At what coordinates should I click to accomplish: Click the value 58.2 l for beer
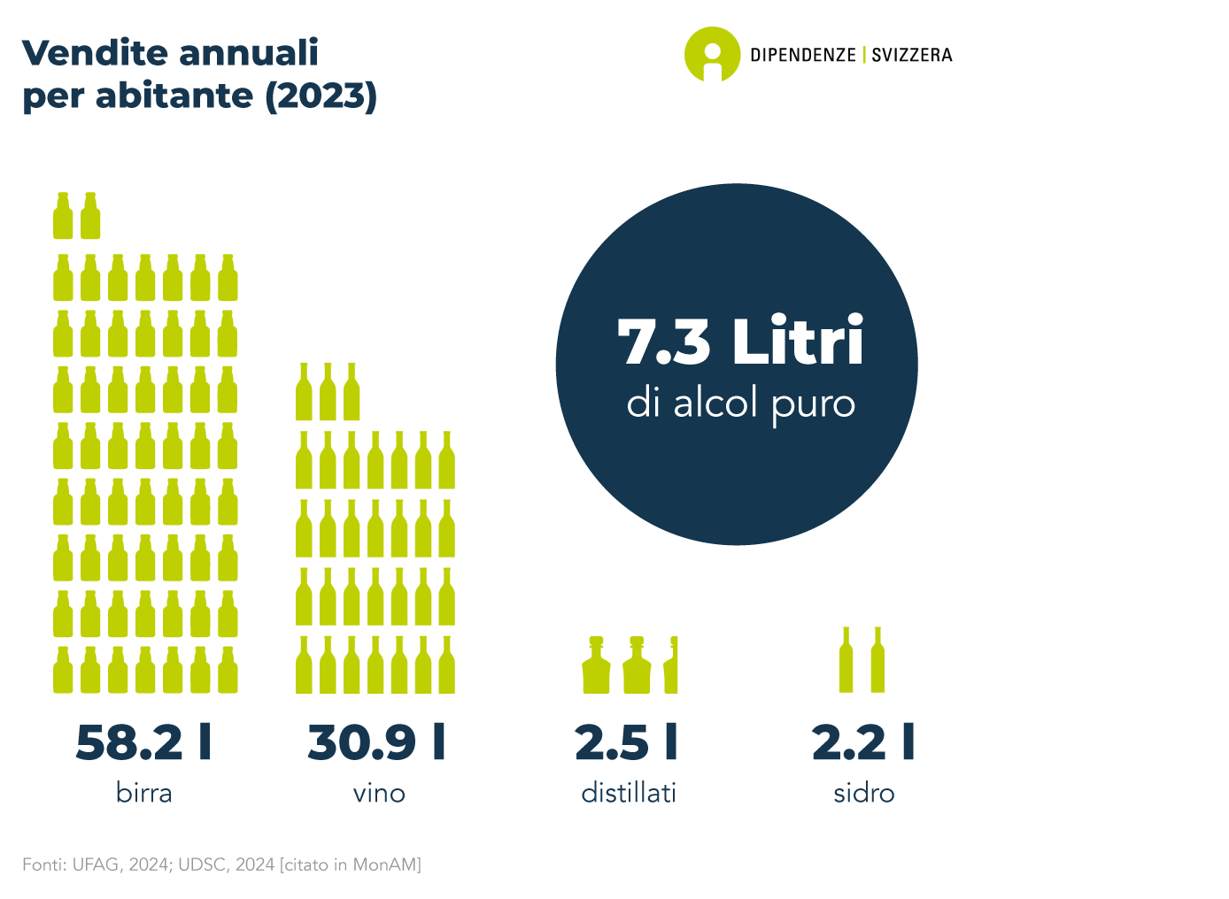(143, 742)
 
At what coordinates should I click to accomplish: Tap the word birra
(143, 793)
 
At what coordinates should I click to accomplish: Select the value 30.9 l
(377, 742)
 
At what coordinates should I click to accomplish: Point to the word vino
(379, 793)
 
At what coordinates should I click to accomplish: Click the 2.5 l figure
(627, 742)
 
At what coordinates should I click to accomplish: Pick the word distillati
(629, 793)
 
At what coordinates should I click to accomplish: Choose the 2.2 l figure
(863, 742)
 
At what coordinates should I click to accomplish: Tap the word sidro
(864, 793)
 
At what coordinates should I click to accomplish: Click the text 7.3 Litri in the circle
(740, 342)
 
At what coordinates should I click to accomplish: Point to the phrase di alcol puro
(741, 404)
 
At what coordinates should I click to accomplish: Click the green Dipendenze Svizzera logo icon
(712, 54)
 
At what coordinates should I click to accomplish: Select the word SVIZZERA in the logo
(912, 55)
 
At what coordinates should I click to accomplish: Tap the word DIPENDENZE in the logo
(803, 55)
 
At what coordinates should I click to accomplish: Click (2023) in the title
(321, 96)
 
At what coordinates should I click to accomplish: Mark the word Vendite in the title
(85, 53)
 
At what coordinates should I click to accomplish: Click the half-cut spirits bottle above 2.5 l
(671, 665)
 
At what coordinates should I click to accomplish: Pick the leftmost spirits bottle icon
(597, 665)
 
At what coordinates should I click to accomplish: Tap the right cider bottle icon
(877, 660)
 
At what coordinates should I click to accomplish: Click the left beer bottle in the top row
(63, 216)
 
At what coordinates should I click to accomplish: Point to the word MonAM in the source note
(386, 864)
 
